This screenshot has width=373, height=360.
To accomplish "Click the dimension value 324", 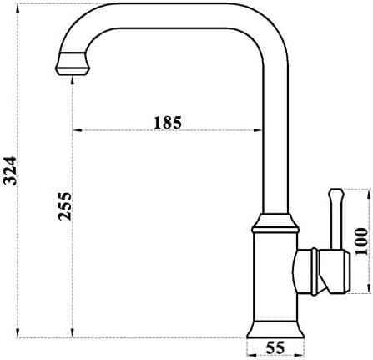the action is point(11,171).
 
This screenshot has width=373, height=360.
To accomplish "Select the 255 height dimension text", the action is point(64,206).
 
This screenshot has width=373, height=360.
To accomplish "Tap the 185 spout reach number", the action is point(168,123).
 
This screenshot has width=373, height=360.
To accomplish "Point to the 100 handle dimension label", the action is point(361,241).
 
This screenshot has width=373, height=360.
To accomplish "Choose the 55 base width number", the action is point(275,347).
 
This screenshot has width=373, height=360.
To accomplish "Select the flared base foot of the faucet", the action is point(275,329).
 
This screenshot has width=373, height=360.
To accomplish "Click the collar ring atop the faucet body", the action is point(275,223).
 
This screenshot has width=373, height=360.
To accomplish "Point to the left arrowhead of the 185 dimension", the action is point(77,130).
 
